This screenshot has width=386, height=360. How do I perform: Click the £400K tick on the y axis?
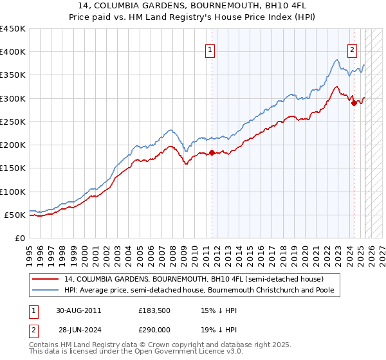13,51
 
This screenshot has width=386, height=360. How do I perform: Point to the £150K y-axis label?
13,168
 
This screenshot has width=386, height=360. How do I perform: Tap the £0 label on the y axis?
20,238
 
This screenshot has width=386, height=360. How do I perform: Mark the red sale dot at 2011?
212,152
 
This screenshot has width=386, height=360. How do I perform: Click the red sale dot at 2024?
353,103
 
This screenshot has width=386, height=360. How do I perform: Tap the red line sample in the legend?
46,279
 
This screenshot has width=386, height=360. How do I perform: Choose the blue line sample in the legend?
46,290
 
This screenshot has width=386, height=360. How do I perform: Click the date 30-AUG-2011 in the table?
78,310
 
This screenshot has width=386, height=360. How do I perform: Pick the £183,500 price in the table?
156,310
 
